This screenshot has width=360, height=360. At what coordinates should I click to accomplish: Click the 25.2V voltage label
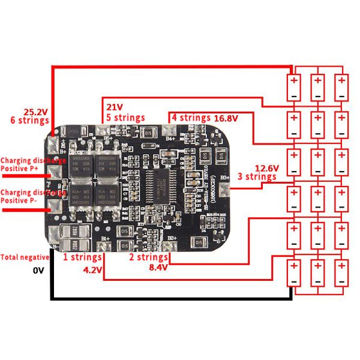click(x=35, y=112)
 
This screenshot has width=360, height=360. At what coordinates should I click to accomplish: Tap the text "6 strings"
click(x=30, y=120)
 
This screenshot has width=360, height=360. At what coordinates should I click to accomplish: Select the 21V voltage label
click(x=115, y=107)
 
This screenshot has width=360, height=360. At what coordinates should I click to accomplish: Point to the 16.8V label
click(x=226, y=118)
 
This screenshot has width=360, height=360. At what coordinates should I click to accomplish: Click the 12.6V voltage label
click(x=266, y=169)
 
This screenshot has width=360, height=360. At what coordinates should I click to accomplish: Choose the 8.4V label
click(x=158, y=267)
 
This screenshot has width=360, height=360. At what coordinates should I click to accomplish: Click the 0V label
click(x=39, y=271)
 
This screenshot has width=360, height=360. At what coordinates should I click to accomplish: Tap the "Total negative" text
click(x=26, y=257)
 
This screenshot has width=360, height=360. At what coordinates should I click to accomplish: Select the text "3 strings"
click(x=256, y=177)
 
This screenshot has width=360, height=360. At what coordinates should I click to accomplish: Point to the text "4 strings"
click(x=191, y=118)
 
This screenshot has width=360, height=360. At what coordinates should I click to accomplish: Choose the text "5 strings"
click(x=125, y=117)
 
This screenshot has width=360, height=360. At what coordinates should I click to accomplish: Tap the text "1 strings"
click(x=83, y=257)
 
